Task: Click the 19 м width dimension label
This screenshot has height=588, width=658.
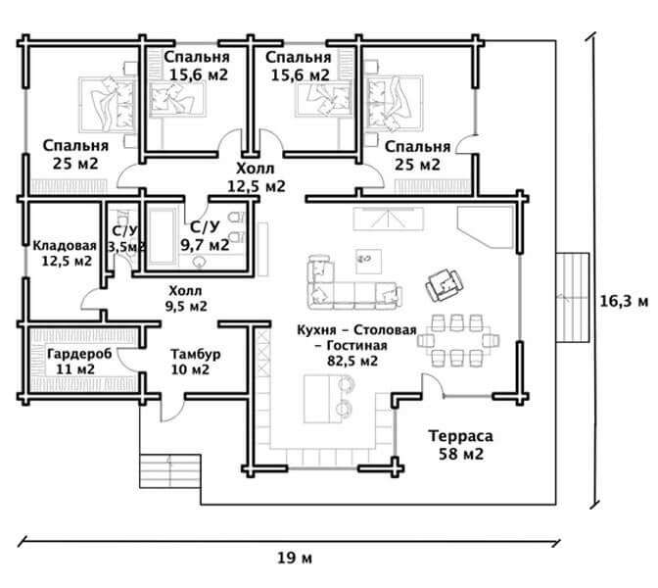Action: [x=295, y=559]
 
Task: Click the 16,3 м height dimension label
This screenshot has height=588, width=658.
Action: [x=624, y=301]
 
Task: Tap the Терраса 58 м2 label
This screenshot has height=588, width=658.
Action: [x=461, y=445]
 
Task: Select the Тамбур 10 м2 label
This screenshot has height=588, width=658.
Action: [x=195, y=362]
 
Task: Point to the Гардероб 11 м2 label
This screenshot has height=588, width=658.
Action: [x=79, y=362]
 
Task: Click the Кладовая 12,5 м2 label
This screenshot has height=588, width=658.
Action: [x=66, y=253]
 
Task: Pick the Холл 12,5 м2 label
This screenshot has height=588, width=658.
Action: [x=256, y=177]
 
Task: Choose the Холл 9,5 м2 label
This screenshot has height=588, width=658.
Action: [x=186, y=298]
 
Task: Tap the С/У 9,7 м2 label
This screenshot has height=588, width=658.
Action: [x=205, y=235]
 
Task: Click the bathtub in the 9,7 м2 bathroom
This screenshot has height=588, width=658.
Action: [x=162, y=236]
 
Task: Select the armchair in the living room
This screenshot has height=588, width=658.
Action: [x=444, y=285]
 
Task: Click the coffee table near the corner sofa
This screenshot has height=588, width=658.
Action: [x=369, y=261]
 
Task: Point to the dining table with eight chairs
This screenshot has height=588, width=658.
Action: [x=458, y=340]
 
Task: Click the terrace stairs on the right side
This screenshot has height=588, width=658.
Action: [x=573, y=297]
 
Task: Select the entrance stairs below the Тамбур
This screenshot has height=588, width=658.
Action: [x=170, y=470]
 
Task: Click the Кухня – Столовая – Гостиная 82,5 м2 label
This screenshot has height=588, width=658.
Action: [x=356, y=345]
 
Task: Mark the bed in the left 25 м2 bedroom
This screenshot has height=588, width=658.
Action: [x=108, y=104]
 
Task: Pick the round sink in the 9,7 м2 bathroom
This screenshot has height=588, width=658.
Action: [x=200, y=262]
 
